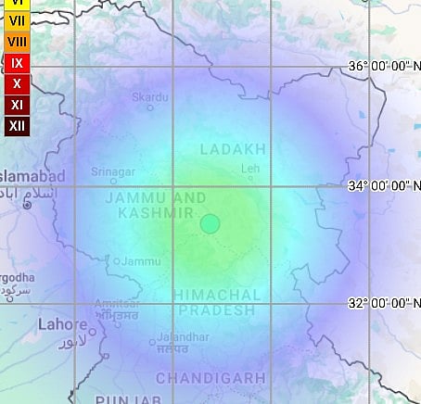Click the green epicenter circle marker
(x=210, y=223)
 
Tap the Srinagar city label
(x=113, y=171)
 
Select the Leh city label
(x=250, y=168)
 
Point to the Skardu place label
(x=150, y=96)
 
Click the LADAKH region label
(x=233, y=148)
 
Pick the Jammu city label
(x=141, y=261)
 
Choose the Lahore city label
(x=61, y=324)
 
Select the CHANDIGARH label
(x=210, y=378)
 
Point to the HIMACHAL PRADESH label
(x=216, y=302)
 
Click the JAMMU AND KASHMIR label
(x=155, y=206)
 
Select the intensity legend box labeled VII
(x=17, y=21)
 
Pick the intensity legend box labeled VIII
(x=17, y=42)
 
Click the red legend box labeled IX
(x=17, y=63)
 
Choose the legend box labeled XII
(x=17, y=125)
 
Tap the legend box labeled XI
(x=17, y=104)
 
